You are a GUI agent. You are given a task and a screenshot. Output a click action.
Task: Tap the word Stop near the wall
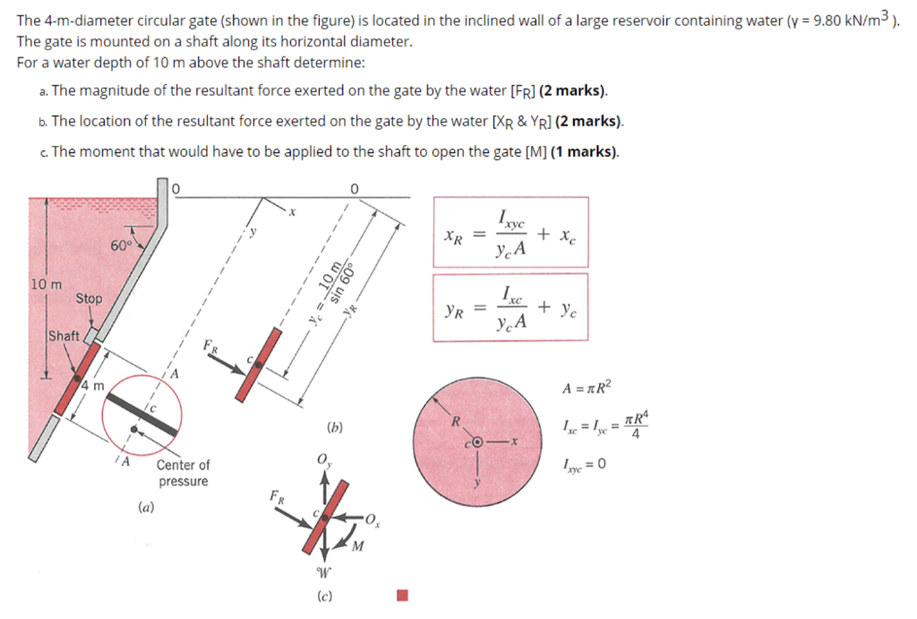coord(89,298)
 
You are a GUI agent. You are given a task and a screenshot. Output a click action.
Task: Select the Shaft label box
coord(64,336)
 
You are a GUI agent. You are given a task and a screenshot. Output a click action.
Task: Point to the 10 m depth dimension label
coord(46,285)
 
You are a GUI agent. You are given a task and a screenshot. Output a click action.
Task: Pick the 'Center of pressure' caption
coord(183,473)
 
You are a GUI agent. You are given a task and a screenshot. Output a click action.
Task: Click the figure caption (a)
coord(145,506)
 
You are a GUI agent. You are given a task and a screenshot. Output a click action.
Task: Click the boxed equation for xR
coord(510,233)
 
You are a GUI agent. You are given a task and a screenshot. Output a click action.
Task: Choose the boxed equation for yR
coord(510,308)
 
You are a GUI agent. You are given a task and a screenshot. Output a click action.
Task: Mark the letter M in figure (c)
coord(357,547)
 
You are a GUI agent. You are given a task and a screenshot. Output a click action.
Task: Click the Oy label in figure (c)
coord(322,460)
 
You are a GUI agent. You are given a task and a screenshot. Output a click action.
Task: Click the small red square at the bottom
coord(403,595)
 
